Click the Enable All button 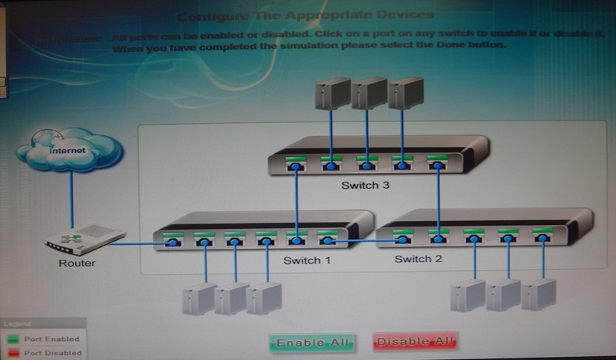click(312, 342)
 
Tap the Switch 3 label click(366, 186)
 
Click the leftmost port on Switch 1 click(172, 239)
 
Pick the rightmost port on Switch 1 click(327, 239)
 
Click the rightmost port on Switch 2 click(542, 237)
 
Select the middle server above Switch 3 click(369, 93)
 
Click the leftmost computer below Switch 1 click(198, 299)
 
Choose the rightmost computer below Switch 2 click(539, 294)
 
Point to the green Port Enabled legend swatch click(13, 339)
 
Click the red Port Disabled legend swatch click(13, 352)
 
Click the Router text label click(77, 263)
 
